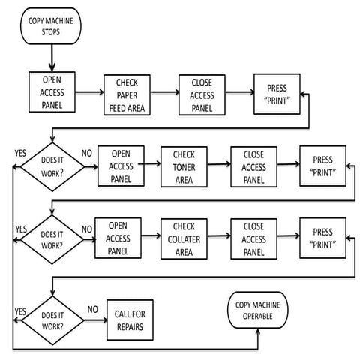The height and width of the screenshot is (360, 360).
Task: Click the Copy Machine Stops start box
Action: (51, 26)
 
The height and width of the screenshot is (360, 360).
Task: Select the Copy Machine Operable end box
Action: (258, 310)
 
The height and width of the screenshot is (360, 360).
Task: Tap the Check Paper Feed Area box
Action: (127, 95)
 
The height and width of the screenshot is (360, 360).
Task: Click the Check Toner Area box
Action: (184, 167)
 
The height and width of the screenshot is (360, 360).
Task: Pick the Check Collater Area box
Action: (184, 239)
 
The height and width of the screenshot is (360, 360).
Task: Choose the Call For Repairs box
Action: (130, 320)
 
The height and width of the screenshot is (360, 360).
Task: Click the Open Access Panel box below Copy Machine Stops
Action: (52, 92)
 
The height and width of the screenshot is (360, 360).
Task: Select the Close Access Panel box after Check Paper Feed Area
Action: (202, 95)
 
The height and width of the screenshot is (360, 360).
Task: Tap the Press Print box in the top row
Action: (277, 94)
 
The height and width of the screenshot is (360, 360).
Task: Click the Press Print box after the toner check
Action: (323, 166)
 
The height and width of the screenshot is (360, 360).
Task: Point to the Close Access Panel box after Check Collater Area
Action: (254, 239)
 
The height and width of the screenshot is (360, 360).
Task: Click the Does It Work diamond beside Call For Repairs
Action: (52, 320)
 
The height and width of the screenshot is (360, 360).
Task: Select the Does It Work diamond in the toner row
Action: (52, 167)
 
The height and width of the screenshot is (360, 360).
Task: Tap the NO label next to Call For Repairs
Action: (92, 310)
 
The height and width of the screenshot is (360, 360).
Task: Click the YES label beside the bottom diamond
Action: (20, 311)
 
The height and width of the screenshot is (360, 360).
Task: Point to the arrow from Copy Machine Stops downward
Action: (52, 58)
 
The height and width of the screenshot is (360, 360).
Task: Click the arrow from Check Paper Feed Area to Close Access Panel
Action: (165, 92)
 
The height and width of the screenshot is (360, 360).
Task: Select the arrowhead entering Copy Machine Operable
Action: (258, 331)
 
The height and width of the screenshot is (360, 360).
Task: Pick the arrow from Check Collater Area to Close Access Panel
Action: (219, 235)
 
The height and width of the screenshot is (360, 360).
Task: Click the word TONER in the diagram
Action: (184, 167)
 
